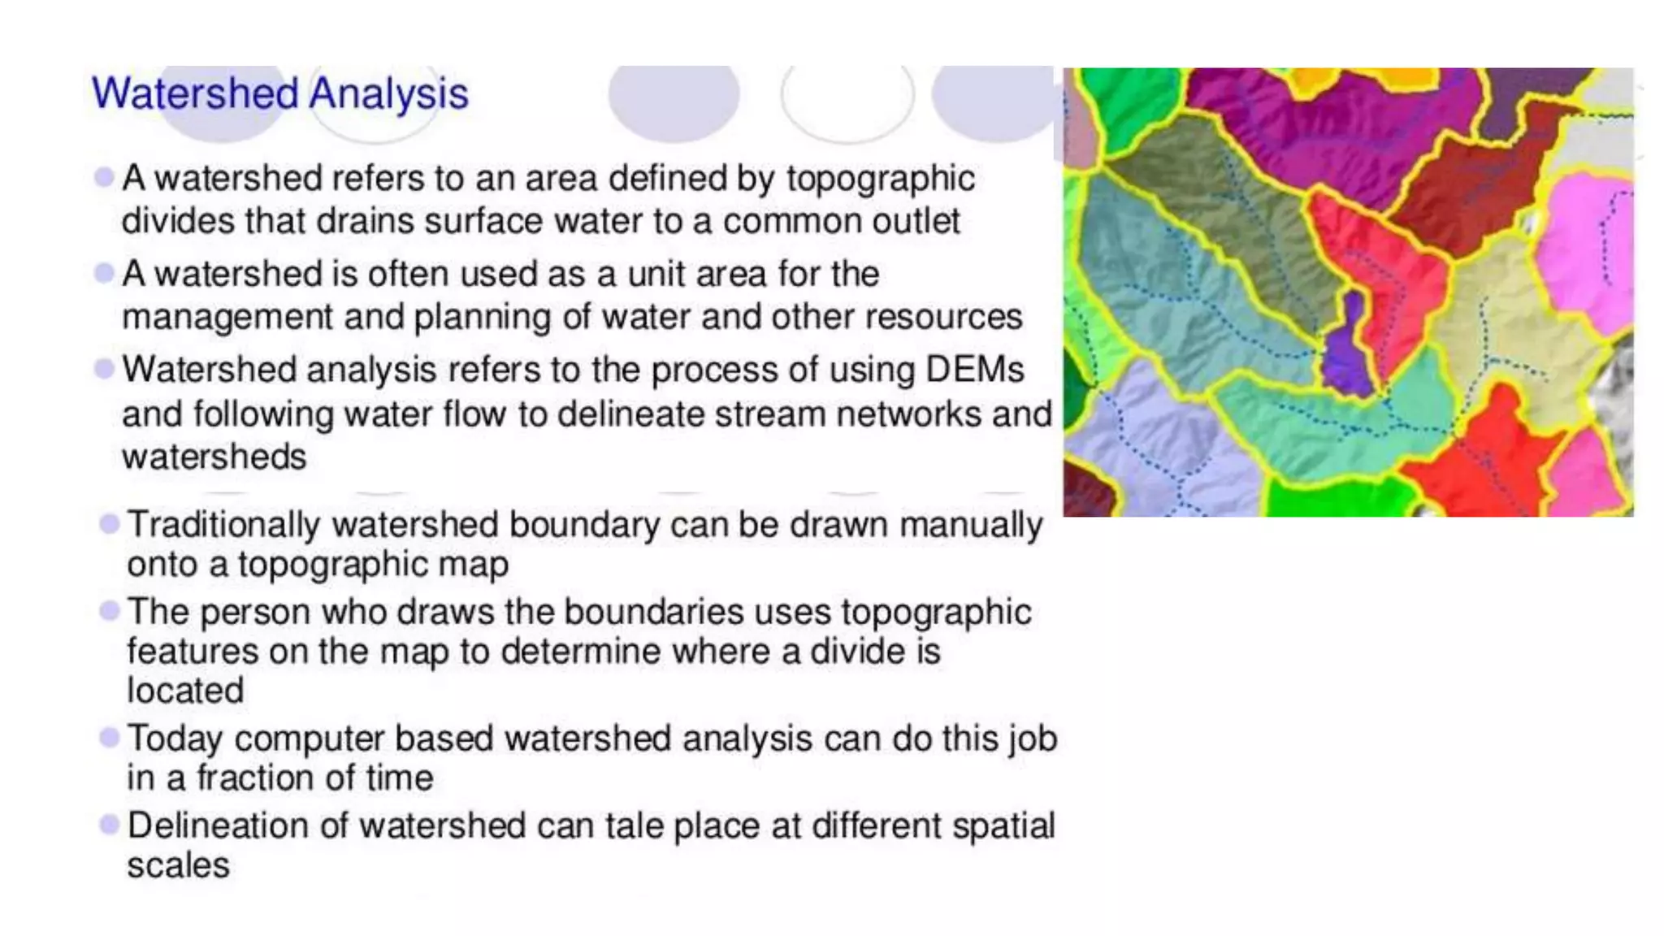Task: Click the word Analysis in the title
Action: (x=388, y=93)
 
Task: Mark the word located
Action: (x=185, y=691)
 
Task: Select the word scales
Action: (x=178, y=865)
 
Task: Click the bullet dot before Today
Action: (x=109, y=738)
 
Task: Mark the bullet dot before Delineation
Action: (x=109, y=825)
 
